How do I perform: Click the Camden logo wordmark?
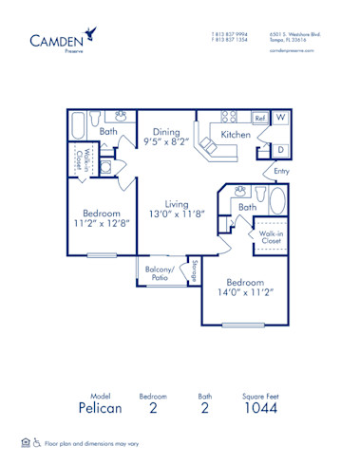pyautogui.click(x=54, y=39)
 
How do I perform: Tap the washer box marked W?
pyautogui.click(x=282, y=118)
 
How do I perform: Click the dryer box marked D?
pyautogui.click(x=282, y=149)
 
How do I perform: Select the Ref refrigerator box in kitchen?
pyautogui.click(x=259, y=119)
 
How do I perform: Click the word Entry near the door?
pyautogui.click(x=281, y=171)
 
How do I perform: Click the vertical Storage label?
pyautogui.click(x=195, y=270)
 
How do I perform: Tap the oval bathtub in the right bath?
pyautogui.click(x=276, y=201)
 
